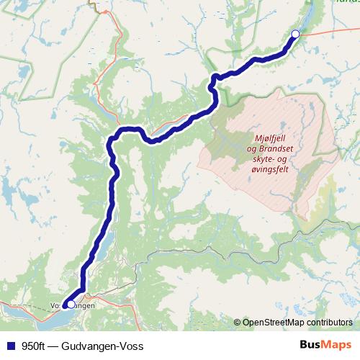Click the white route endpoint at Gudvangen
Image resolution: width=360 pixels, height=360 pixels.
pos(295,34)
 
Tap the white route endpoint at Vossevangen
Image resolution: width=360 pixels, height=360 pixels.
pos(71,304)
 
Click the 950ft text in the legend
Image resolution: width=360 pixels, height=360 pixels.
pos(34,346)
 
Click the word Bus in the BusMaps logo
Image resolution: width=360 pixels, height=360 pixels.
pos(312,346)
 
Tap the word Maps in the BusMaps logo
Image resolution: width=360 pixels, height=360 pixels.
pos(337,346)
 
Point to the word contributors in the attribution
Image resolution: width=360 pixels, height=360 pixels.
pos(330,323)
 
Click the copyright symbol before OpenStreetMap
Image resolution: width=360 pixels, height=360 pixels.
pos(237,323)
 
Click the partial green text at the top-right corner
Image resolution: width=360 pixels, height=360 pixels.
pos(347,2)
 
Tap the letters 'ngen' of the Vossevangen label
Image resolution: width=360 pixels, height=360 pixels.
pos(86,305)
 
